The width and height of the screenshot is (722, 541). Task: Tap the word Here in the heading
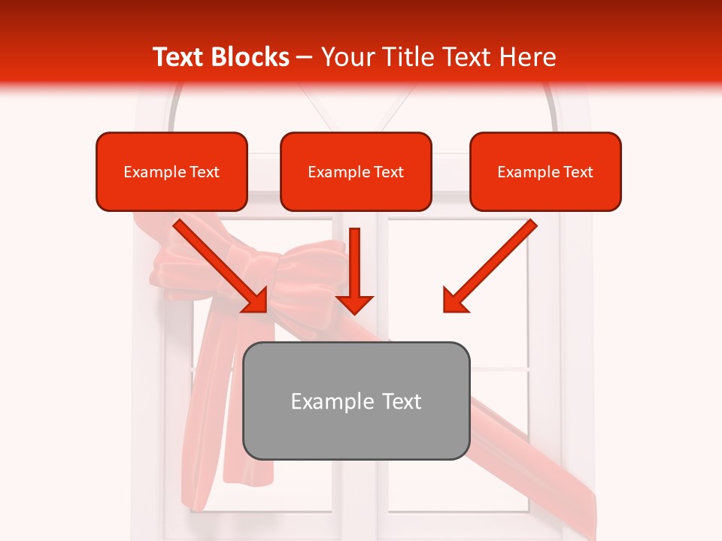click(526, 57)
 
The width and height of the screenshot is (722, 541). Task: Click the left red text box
click(171, 171)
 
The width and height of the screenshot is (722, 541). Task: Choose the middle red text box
click(356, 171)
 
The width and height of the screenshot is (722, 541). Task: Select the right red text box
click(545, 171)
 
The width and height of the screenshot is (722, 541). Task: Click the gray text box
click(356, 400)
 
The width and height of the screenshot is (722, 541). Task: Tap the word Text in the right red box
click(578, 172)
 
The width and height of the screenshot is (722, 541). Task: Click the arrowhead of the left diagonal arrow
click(256, 301)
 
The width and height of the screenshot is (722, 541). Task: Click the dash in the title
click(305, 57)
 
